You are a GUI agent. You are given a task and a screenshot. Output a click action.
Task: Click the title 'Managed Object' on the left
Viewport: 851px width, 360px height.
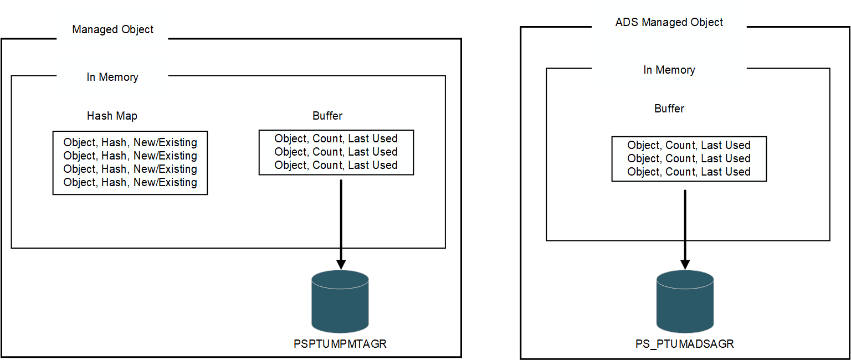click(x=112, y=29)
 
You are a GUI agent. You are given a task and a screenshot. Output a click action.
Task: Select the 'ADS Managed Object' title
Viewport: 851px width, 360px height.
click(x=669, y=22)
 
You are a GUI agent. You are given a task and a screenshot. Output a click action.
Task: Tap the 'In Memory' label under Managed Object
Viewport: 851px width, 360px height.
click(x=112, y=77)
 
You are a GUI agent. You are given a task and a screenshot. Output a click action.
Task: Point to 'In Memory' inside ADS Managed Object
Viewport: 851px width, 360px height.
click(x=669, y=70)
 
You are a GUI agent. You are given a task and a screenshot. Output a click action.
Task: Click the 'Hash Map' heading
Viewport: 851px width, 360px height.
click(x=112, y=116)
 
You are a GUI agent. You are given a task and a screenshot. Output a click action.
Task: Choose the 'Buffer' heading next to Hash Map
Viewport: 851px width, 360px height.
click(x=327, y=116)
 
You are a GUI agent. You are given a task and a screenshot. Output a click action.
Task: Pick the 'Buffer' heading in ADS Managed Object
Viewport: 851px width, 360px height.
click(x=669, y=109)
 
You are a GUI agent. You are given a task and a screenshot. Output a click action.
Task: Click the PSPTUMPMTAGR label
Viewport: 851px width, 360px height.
click(x=340, y=343)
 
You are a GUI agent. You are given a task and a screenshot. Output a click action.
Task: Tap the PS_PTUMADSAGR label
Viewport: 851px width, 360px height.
click(x=684, y=343)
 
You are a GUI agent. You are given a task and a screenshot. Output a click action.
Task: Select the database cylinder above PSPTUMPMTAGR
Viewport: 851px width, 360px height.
click(x=340, y=301)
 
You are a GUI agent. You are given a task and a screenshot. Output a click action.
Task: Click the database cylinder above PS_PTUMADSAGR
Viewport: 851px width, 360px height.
click(x=685, y=301)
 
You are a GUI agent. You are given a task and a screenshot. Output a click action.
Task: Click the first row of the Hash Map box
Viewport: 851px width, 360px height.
click(x=130, y=142)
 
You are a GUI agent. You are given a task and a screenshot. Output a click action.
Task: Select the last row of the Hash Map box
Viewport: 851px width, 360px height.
click(x=130, y=182)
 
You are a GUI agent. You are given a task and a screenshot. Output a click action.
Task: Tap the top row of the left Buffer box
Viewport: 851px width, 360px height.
click(x=336, y=138)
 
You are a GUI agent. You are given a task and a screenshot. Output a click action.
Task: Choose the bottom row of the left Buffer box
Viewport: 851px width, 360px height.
click(x=336, y=165)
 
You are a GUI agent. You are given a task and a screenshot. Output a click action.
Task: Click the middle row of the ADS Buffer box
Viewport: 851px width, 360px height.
click(x=689, y=158)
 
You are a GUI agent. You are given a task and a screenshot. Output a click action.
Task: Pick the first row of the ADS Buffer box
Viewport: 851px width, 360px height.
click(x=689, y=145)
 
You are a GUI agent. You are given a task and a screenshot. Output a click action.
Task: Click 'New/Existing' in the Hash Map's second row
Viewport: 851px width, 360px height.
click(x=165, y=156)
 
